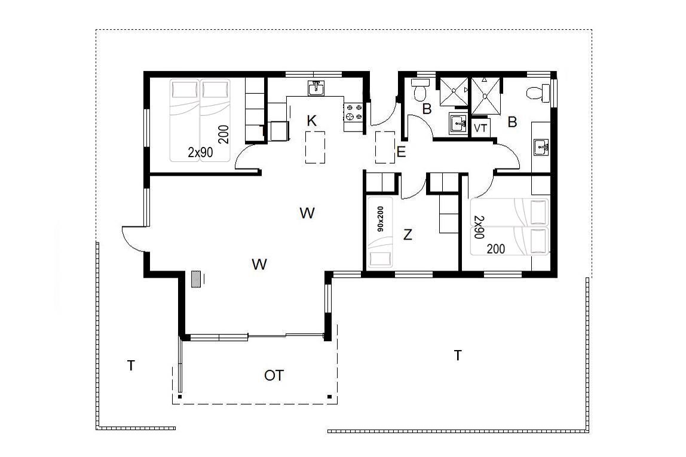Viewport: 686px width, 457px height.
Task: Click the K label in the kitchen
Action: (311, 121)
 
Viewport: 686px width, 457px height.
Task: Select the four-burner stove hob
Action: (354, 111)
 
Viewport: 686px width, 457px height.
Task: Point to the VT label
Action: (480, 128)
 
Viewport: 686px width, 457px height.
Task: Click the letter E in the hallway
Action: (401, 152)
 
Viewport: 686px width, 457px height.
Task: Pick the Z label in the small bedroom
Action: (408, 235)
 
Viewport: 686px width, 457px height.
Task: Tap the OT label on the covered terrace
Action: (274, 375)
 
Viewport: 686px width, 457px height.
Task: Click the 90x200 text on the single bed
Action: (380, 219)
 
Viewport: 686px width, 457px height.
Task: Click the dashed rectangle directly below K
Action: (315, 147)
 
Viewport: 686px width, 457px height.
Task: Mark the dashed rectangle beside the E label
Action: (385, 148)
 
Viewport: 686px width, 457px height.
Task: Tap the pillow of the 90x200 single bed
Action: (380, 259)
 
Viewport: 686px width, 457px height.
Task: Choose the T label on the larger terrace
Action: (458, 355)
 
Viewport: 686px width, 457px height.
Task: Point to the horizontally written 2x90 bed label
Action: (200, 152)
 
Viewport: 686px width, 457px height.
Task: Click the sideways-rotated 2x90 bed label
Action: (479, 227)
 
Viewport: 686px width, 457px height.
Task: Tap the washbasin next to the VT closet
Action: (458, 124)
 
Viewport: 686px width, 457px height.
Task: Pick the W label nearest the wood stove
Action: (259, 264)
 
